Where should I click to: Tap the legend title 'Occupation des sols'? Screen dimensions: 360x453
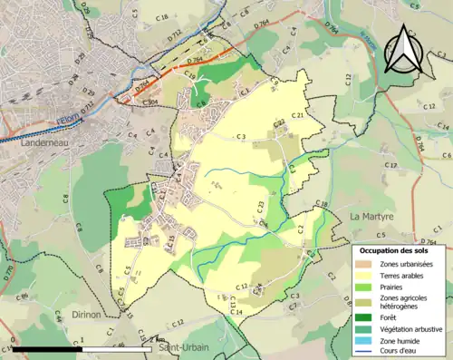pyautogui.click(x=399, y=250)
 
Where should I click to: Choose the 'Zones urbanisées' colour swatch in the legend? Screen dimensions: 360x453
pyautogui.click(x=365, y=265)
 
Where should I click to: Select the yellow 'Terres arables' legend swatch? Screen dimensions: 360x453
pyautogui.click(x=365, y=277)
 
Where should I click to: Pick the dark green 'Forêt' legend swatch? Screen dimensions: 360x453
pyautogui.click(x=365, y=317)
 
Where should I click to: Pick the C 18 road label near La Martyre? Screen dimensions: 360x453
pyautogui.click(x=321, y=207)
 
